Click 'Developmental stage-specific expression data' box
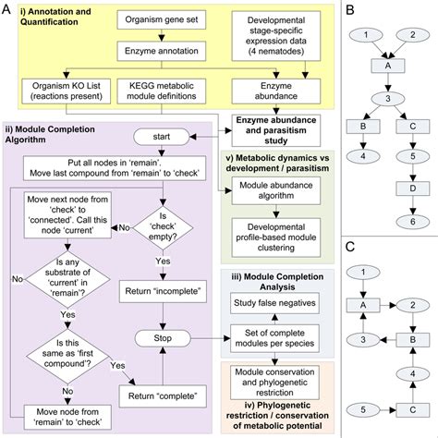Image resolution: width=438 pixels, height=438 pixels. click(x=267, y=30)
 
